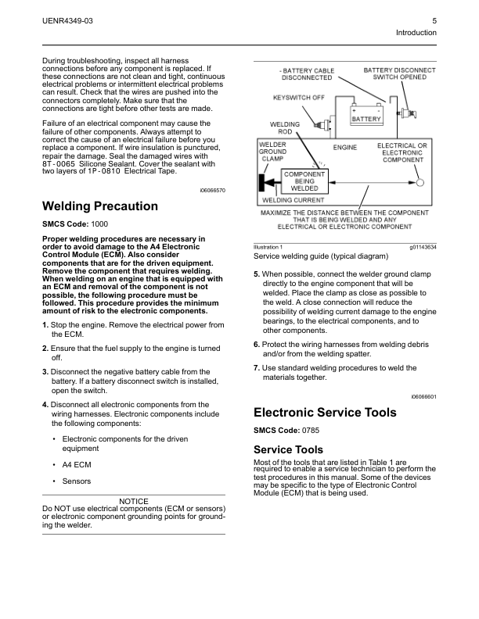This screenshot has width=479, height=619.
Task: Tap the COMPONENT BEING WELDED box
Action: (304, 181)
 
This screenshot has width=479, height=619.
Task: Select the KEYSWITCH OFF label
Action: (298, 98)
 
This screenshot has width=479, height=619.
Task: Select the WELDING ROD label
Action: (285, 128)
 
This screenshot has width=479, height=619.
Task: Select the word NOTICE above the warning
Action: (134, 501)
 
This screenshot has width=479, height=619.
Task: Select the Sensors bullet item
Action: (76, 481)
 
